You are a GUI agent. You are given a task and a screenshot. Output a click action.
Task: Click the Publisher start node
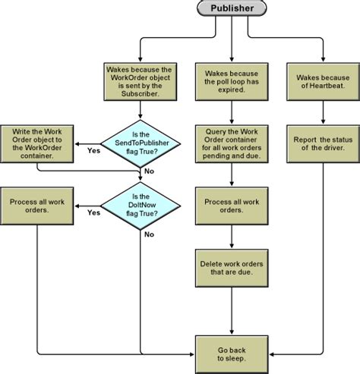pyautogui.click(x=232, y=10)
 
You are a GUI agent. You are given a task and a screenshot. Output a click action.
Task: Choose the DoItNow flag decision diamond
pyautogui.click(x=141, y=204)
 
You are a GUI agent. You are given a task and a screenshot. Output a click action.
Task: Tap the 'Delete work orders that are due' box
pyautogui.click(x=232, y=268)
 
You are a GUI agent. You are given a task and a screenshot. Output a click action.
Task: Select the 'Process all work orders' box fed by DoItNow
pyautogui.click(x=36, y=204)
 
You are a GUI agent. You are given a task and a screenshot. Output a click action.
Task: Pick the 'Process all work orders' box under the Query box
pyautogui.click(x=232, y=204)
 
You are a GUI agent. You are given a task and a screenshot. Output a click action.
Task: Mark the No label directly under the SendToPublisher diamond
pyautogui.click(x=149, y=172)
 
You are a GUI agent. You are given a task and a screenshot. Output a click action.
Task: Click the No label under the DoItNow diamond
pyautogui.click(x=149, y=234)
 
